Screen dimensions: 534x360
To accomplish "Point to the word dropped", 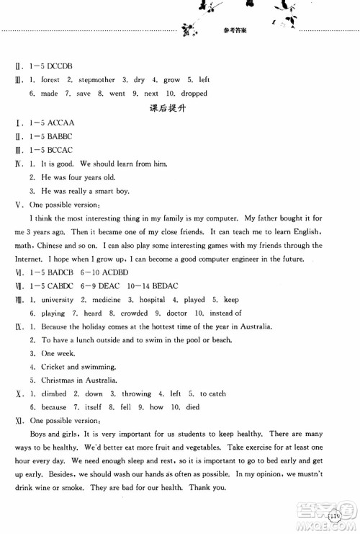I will point(191,94).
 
